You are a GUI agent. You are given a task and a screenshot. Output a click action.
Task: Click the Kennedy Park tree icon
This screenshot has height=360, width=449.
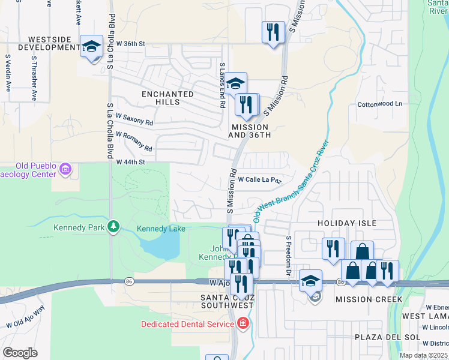point(113,227)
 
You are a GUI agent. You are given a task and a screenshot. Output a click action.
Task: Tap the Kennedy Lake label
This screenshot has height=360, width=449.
point(160,229)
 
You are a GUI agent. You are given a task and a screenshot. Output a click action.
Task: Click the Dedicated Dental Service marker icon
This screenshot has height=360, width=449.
point(243,325)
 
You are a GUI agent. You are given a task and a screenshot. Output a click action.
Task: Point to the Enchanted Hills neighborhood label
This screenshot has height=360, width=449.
point(167,98)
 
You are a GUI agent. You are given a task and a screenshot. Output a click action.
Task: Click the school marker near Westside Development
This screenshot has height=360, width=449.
point(91,46)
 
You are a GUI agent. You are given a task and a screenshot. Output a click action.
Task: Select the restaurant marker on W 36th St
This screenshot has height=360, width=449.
point(273,31)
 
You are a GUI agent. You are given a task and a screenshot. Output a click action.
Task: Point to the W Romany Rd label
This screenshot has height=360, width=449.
point(134,142)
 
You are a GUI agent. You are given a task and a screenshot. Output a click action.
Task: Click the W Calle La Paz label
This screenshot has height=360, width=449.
point(259,179)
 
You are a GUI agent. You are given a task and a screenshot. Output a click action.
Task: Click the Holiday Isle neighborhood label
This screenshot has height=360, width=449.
point(347,223)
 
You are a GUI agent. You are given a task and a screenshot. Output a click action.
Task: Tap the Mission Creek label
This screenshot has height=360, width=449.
point(359,299)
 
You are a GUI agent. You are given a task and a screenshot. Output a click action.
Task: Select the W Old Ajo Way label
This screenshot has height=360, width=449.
point(25,317)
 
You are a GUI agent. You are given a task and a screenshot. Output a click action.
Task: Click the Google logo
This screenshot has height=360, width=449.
point(20,352)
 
